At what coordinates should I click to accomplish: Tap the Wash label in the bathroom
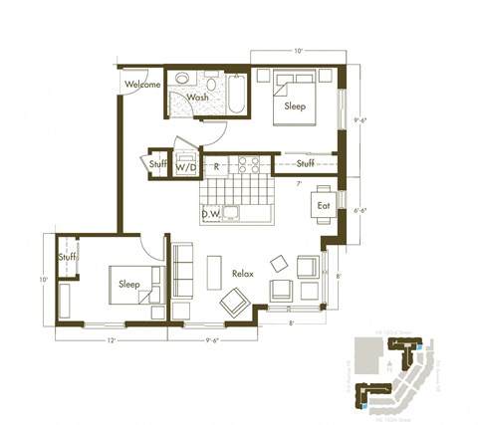(197, 98)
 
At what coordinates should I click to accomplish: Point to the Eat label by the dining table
(323, 206)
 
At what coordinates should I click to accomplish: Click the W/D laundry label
(186, 167)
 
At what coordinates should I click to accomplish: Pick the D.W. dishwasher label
(210, 213)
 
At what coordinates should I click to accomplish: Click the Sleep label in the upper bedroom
(296, 106)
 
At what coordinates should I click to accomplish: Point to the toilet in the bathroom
(182, 81)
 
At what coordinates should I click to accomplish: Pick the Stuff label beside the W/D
(157, 164)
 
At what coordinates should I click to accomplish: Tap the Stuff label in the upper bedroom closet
(306, 162)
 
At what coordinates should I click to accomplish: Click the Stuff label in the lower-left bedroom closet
(67, 258)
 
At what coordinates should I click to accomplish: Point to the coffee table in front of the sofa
(214, 272)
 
